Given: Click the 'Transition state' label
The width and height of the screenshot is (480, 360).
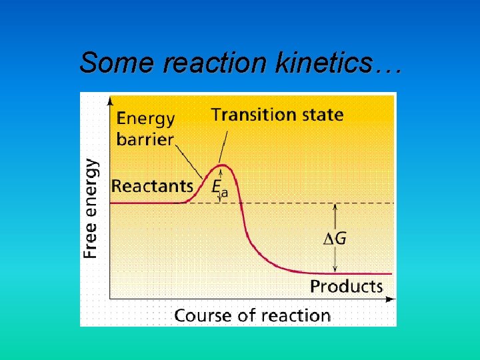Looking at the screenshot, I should pos(277,115).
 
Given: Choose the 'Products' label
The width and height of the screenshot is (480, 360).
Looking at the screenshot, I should pos(347,287).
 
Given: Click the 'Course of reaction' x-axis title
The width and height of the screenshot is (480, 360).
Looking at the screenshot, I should pos(252,315).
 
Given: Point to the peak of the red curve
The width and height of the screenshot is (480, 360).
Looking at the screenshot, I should pos(224,165).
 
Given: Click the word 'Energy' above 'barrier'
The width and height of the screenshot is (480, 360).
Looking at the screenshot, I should pos(146,119).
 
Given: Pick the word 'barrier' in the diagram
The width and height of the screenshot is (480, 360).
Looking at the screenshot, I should pos(145,140).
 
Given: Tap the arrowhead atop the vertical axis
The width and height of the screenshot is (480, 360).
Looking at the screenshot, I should pos(109,99).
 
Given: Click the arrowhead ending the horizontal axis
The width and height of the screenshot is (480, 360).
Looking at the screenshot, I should pos(391,299).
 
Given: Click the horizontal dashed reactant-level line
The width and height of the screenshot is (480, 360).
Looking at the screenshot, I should pos(300,203).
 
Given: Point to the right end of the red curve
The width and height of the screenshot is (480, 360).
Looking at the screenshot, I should pos(390,273).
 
